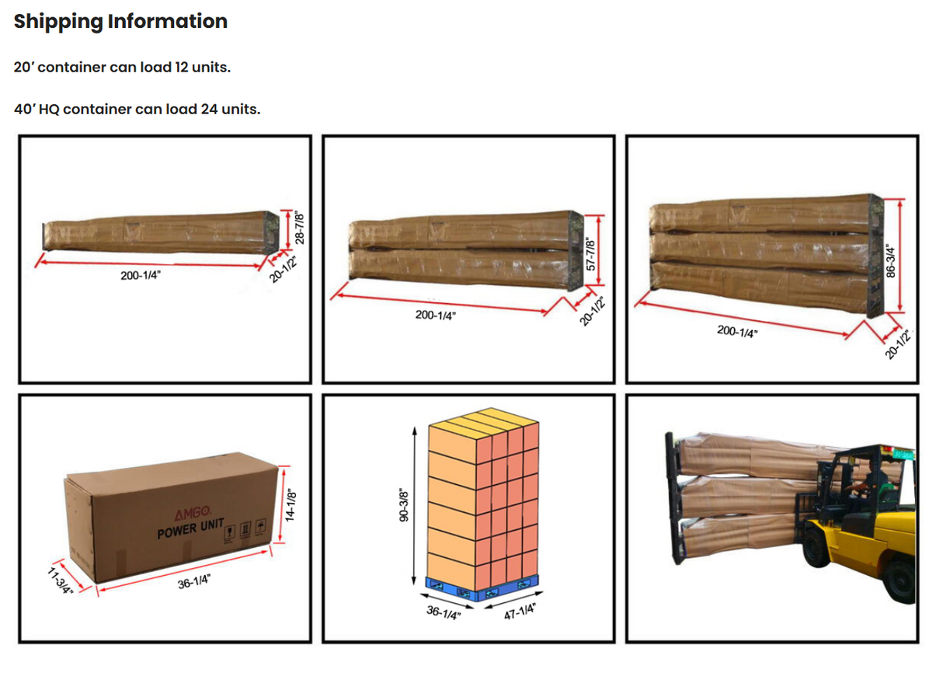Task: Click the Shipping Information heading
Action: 120,22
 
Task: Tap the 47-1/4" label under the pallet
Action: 520,609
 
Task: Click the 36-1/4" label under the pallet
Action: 444,612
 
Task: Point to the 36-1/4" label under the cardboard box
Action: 194,582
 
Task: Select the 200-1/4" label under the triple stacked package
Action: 737,332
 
